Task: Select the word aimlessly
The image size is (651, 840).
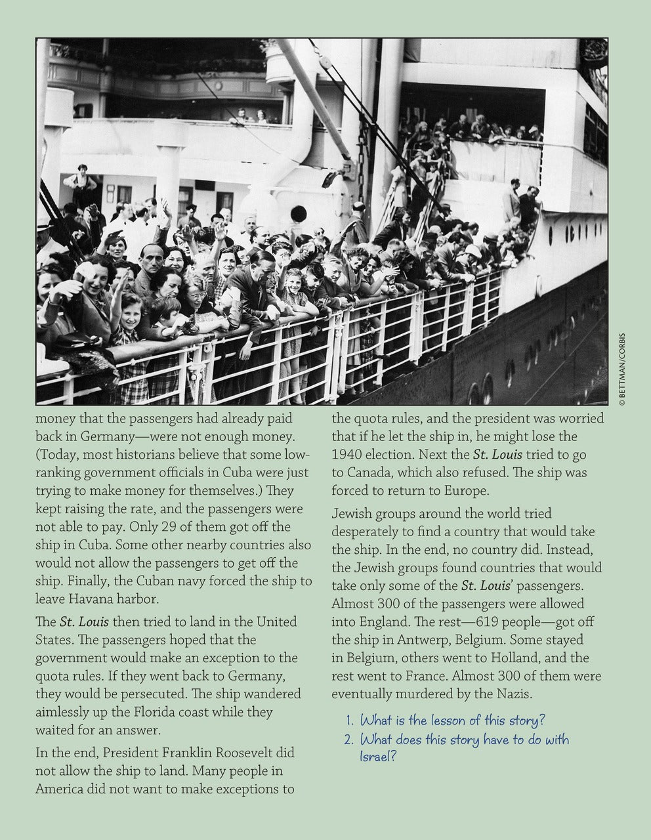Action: tap(69, 711)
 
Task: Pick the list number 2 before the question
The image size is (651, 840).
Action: tap(348, 740)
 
